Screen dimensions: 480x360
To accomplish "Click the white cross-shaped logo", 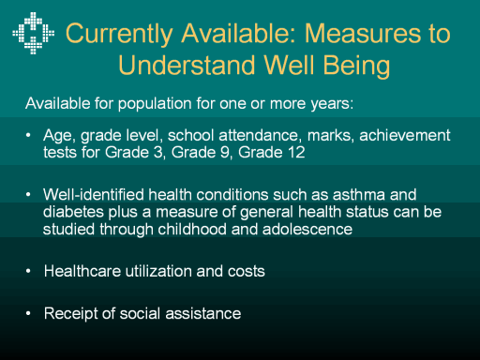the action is [x=34, y=33].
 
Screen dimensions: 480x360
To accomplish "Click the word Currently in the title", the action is [x=119, y=34].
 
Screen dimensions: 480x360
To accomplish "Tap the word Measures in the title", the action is [x=363, y=33].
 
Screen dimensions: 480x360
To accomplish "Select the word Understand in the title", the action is [x=187, y=65].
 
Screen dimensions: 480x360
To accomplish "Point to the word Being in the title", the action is [x=356, y=66].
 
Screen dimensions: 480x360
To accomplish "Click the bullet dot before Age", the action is [x=28, y=135].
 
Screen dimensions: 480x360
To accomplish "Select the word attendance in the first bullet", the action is [x=258, y=135].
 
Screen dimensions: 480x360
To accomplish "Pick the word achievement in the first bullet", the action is [x=405, y=135].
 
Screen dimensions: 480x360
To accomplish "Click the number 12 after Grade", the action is [x=296, y=153].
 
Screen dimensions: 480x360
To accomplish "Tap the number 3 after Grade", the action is [x=158, y=153].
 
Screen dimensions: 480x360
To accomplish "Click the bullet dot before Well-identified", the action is [x=28, y=194].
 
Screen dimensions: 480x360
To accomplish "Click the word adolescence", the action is [x=307, y=230].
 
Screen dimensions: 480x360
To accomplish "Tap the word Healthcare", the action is [x=82, y=271].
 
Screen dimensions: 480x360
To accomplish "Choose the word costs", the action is [x=247, y=271].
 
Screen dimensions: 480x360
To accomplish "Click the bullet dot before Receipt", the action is [x=28, y=313].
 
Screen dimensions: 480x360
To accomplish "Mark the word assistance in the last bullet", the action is [x=203, y=313].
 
